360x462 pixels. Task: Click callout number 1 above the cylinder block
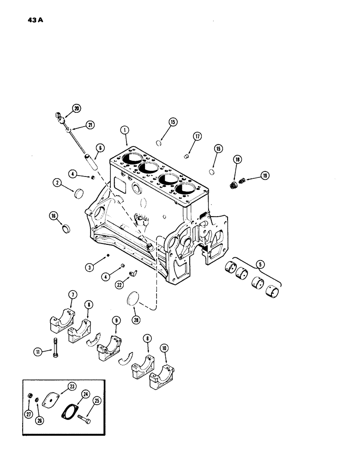click(124, 131)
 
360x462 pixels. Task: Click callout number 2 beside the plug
click(58, 183)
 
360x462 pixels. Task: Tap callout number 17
click(198, 137)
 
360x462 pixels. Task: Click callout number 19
click(265, 176)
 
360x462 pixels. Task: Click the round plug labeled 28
click(133, 297)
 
